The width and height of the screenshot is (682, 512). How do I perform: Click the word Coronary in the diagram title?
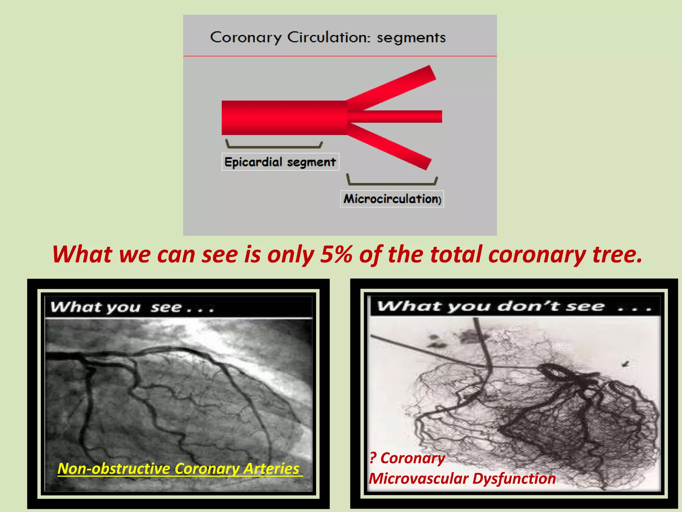click(246, 37)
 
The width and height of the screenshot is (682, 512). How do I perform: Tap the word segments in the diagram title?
click(411, 38)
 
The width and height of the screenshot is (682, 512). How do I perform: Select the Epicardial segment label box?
click(280, 162)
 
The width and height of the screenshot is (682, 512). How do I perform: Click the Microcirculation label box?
click(392, 199)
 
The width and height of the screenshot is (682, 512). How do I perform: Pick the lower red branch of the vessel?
click(393, 147)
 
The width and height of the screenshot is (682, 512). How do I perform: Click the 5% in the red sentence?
click(336, 255)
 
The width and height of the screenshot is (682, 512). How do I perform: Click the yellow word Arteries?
click(271, 469)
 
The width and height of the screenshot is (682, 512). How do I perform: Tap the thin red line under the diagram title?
click(340, 56)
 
